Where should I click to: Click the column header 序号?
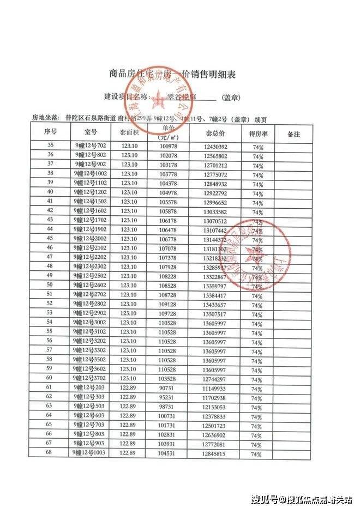[x=50, y=132]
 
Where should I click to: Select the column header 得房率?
[x=257, y=133]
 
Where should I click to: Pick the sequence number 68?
[x=50, y=453]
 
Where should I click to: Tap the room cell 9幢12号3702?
[x=90, y=377]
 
